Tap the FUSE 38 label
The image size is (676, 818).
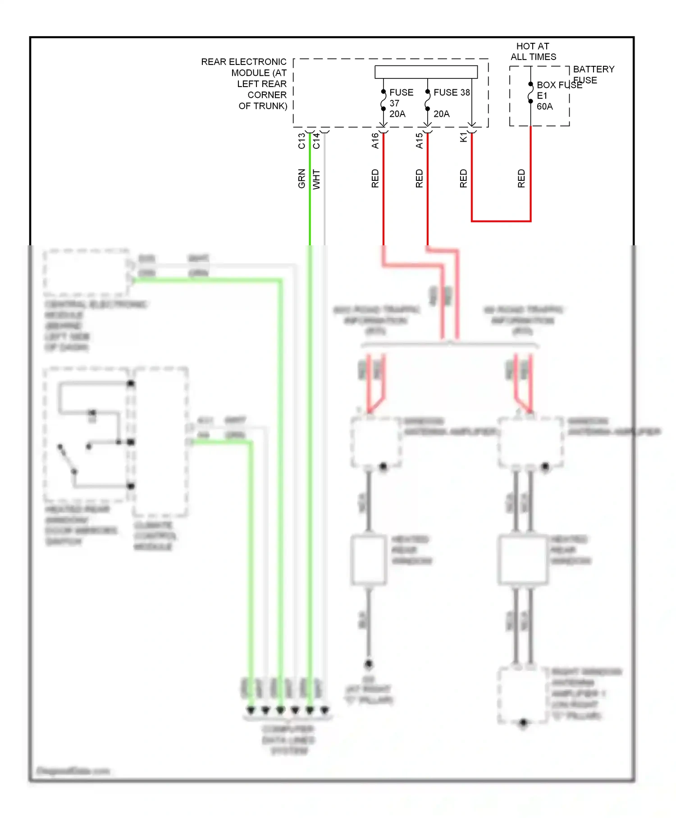451,92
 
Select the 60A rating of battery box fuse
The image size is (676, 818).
544,106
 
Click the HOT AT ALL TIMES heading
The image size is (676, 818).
533,51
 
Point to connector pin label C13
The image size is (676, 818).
301,141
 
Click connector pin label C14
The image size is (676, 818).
316,141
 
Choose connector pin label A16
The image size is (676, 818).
375,141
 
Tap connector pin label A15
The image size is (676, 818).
419,141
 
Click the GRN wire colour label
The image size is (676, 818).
301,179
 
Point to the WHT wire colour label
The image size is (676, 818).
316,179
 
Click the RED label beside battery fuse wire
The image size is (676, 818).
521,179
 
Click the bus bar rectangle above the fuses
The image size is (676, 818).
426,72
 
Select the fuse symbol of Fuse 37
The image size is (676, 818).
383,100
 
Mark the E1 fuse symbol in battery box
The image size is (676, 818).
530,93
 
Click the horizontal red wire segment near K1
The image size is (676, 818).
501,221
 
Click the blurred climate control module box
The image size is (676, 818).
160,442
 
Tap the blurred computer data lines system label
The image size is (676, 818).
288,740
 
